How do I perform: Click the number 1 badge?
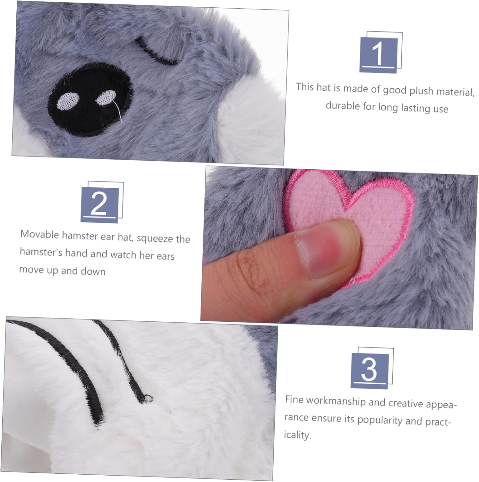381,53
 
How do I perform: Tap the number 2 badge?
102,202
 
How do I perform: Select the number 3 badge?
372,368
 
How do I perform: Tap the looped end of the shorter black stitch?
148,398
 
